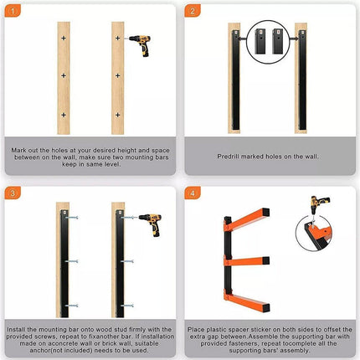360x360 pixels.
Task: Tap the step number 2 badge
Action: tap(194, 12)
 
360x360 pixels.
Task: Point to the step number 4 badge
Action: tap(194, 194)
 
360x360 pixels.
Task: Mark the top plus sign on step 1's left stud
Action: tap(63, 40)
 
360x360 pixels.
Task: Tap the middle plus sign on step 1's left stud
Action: tap(63, 76)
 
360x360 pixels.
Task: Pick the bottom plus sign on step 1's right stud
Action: tap(119, 113)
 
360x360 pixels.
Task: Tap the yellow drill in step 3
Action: tap(149, 224)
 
